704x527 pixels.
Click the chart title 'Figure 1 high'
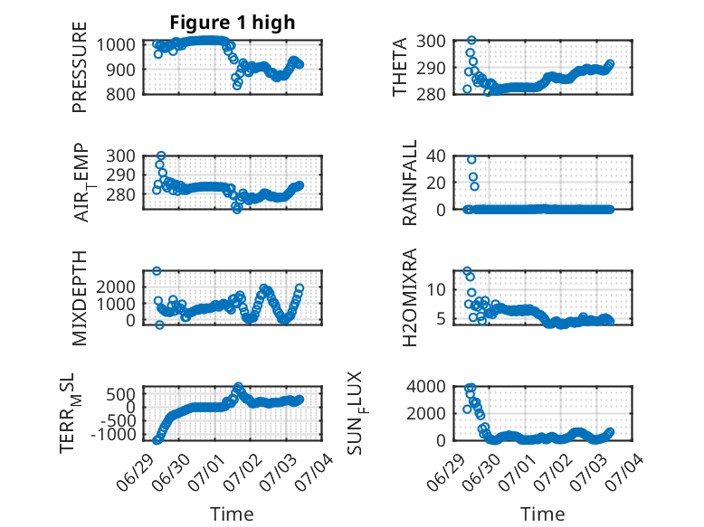click(233, 23)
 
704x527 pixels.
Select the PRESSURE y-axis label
click(79, 67)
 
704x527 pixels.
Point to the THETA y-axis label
click(399, 67)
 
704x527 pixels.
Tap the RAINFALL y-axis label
click(410, 183)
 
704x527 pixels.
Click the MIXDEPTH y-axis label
click(79, 298)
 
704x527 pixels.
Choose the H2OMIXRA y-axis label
click(410, 297)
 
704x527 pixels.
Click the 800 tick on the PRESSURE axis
click(120, 94)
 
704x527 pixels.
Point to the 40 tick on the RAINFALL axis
click(436, 156)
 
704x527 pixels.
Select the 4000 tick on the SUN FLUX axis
click(426, 386)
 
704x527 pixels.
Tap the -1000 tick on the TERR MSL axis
click(113, 434)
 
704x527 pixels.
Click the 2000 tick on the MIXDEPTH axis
click(116, 287)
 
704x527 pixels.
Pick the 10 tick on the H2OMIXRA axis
click(436, 290)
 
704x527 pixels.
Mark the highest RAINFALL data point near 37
click(471, 160)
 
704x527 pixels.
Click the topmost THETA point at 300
click(471, 41)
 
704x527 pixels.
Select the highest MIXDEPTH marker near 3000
click(157, 271)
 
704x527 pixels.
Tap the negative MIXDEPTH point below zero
click(160, 325)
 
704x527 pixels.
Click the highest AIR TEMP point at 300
click(161, 155)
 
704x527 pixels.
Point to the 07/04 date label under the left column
click(315, 471)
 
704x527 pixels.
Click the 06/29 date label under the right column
click(445, 471)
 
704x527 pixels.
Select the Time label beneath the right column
click(542, 513)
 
